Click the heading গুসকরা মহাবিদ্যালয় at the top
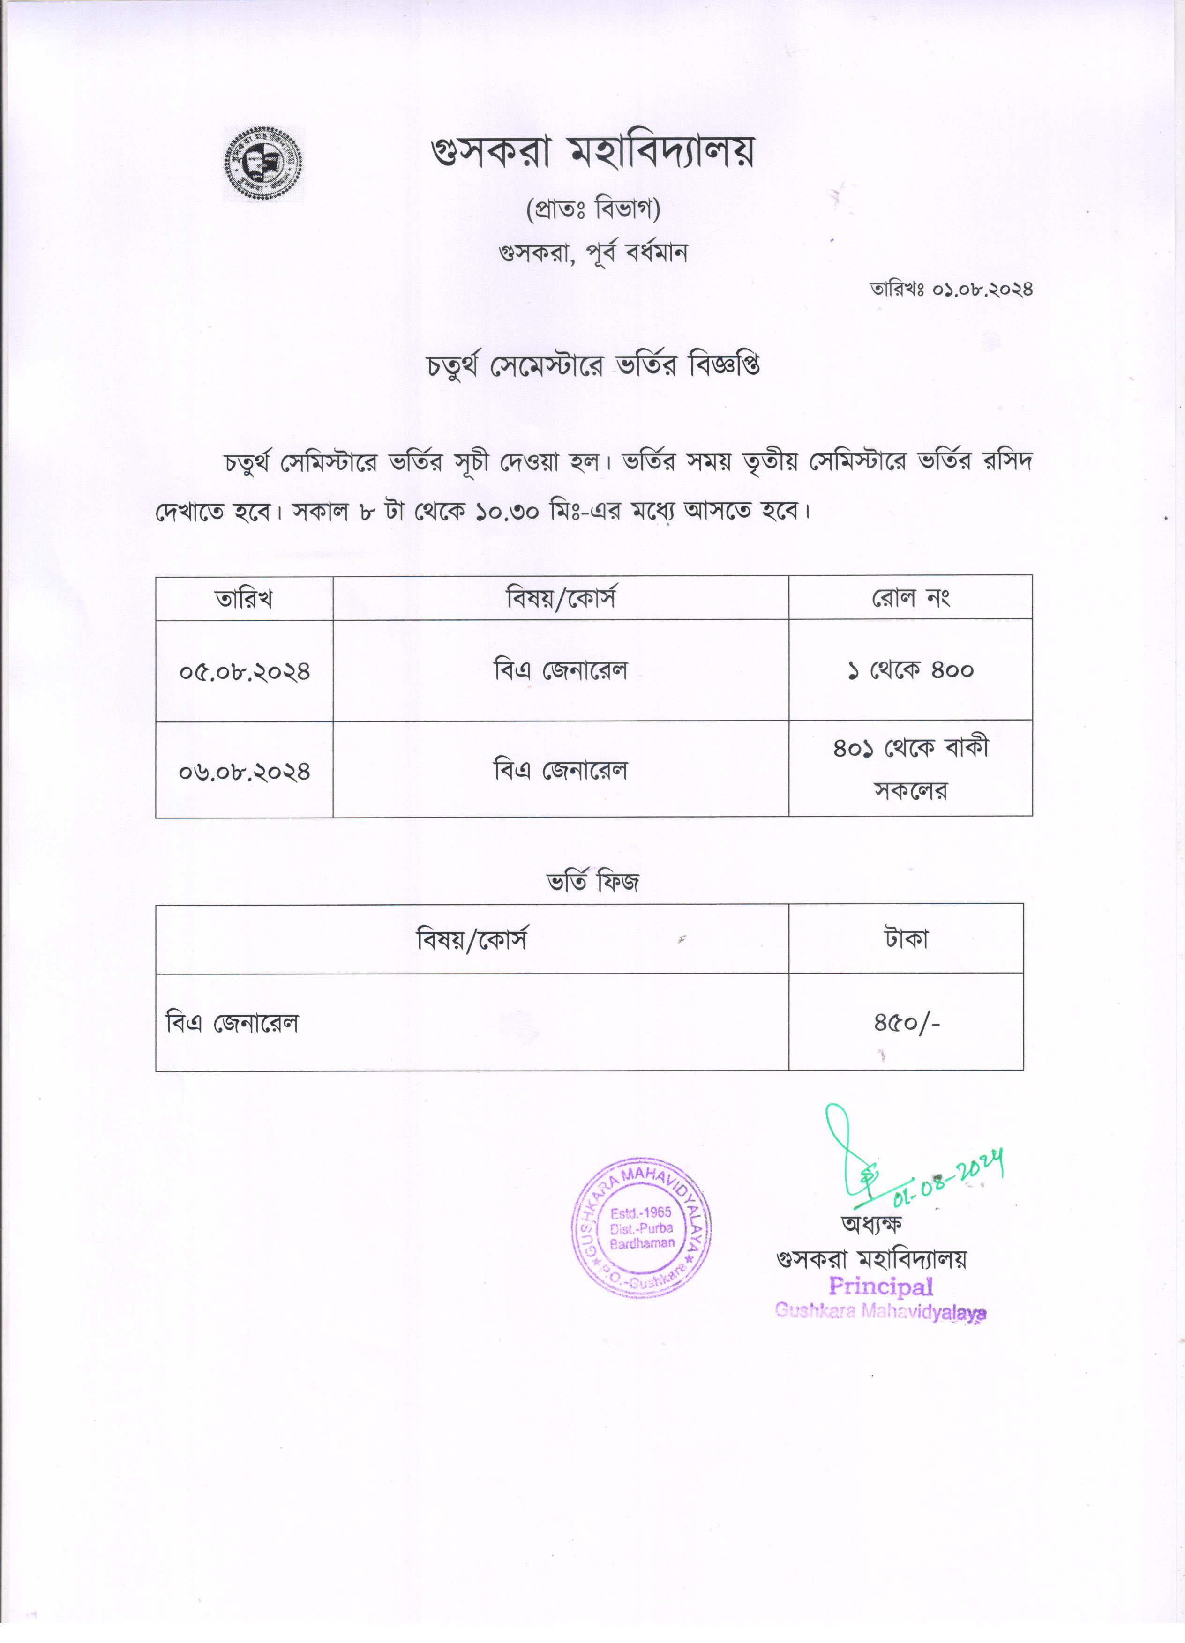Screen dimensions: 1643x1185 (592, 153)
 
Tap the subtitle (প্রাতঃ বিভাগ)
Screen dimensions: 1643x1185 (592, 210)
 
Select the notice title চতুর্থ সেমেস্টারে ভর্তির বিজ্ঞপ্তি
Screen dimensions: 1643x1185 (592, 366)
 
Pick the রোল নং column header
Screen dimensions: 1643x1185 (910, 598)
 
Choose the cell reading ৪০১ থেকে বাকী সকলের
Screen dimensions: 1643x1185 (910, 769)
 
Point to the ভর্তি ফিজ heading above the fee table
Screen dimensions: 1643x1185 (592, 882)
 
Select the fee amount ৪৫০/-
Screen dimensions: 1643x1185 (906, 1023)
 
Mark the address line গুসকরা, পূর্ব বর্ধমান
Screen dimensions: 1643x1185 (592, 253)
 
